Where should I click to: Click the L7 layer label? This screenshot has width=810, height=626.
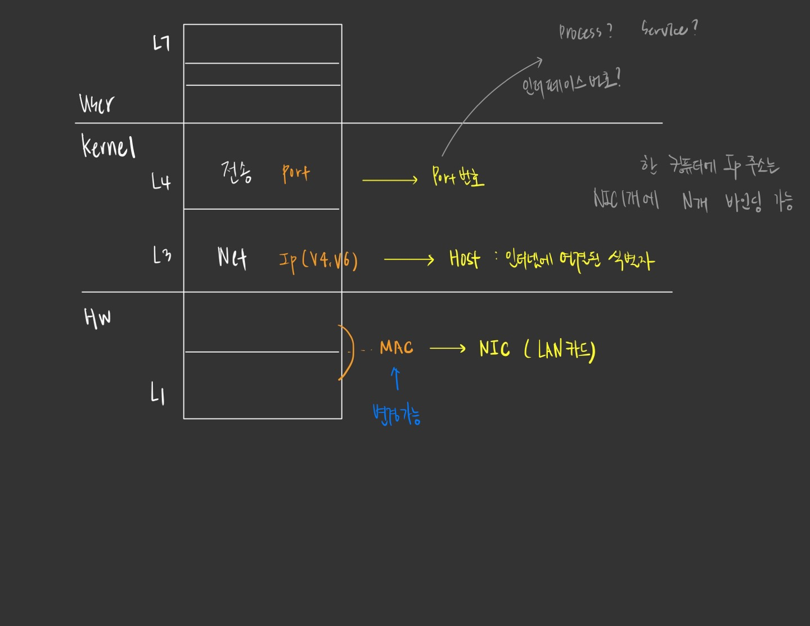click(x=161, y=43)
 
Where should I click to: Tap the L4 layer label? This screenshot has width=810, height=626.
click(x=161, y=181)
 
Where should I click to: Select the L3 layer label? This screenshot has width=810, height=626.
click(x=162, y=255)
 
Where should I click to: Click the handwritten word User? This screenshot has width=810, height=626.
click(x=96, y=103)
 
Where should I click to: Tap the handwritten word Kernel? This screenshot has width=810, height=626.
click(x=109, y=146)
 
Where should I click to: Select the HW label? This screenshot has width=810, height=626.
click(x=97, y=318)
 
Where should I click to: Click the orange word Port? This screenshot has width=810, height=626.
click(x=296, y=173)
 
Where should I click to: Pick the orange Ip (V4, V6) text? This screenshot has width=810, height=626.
click(x=318, y=260)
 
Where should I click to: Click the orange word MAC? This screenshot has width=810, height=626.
click(x=397, y=348)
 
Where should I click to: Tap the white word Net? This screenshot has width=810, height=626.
click(x=232, y=258)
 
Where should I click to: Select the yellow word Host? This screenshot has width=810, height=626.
click(x=464, y=259)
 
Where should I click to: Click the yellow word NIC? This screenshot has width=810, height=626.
click(x=494, y=349)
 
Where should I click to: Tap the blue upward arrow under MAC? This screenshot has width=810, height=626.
click(x=395, y=379)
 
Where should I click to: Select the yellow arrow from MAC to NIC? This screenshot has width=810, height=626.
click(x=447, y=349)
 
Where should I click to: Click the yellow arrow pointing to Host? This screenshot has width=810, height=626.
click(x=409, y=259)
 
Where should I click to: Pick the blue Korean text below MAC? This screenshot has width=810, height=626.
click(x=397, y=415)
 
